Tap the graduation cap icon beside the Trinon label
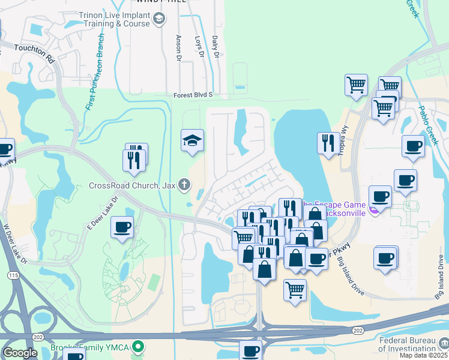[x=158, y=19]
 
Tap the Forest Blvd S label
[x=193, y=95]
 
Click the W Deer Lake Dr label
[x=16, y=244]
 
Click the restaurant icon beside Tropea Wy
[x=327, y=143]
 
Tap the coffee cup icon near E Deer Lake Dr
[x=122, y=227]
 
